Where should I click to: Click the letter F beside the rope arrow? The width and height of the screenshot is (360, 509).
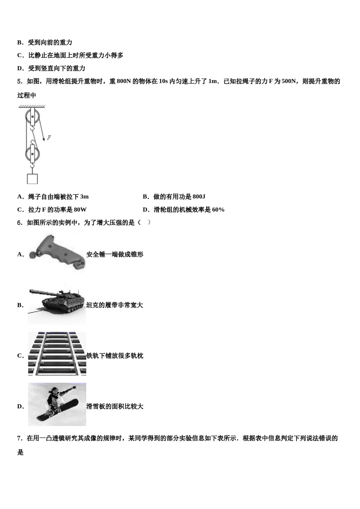[x=49, y=138]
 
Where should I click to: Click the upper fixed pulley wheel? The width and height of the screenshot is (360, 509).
[x=33, y=117]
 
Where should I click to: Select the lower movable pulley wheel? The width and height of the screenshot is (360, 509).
[x=33, y=154]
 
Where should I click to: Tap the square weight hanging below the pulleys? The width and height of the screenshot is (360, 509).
[x=33, y=178]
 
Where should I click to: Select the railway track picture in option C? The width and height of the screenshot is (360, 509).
[x=57, y=354]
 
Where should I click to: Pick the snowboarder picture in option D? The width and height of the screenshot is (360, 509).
[x=57, y=404]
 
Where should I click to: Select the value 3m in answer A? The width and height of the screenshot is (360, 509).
[x=84, y=197]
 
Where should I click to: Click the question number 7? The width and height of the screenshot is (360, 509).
[x=19, y=438]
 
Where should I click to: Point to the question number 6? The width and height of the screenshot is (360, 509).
[x=19, y=223]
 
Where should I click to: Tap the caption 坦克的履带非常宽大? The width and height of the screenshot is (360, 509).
[x=114, y=305]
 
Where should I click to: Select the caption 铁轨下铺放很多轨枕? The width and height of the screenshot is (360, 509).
[x=115, y=356]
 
